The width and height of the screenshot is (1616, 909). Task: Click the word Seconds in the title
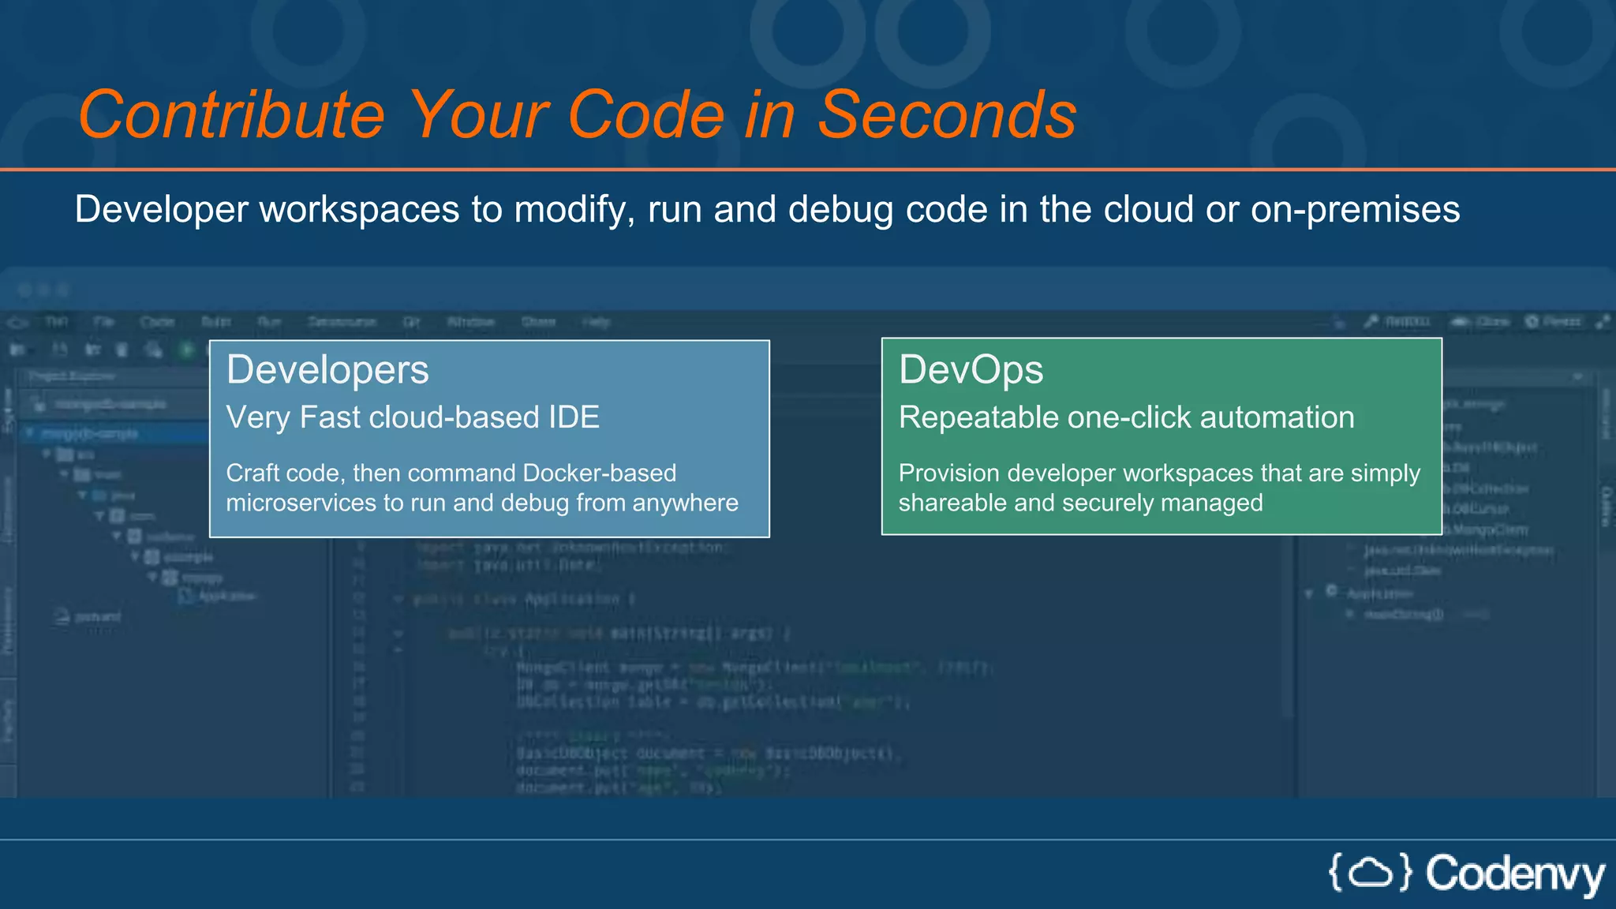pyautogui.click(x=946, y=115)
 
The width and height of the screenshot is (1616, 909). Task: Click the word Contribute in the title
pyautogui.click(x=231, y=115)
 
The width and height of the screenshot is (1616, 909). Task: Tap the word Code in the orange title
pyautogui.click(x=645, y=115)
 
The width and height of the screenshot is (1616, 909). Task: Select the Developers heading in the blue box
pyautogui.click(x=327, y=370)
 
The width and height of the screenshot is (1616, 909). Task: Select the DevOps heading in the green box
pyautogui.click(x=971, y=370)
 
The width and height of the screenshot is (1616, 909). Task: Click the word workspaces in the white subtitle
pyautogui.click(x=359, y=210)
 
